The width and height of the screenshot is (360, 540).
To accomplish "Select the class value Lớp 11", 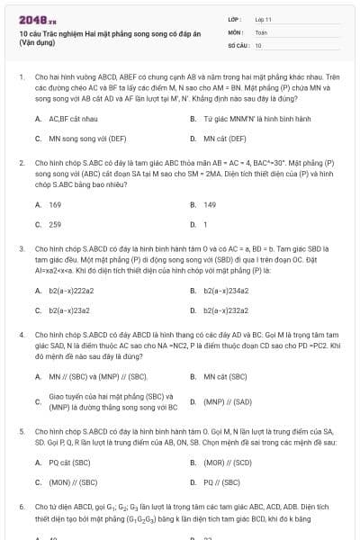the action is [264, 19].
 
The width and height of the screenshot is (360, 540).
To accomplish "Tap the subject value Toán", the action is [261, 31].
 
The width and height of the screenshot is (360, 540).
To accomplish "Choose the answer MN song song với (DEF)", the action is [81, 139].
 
